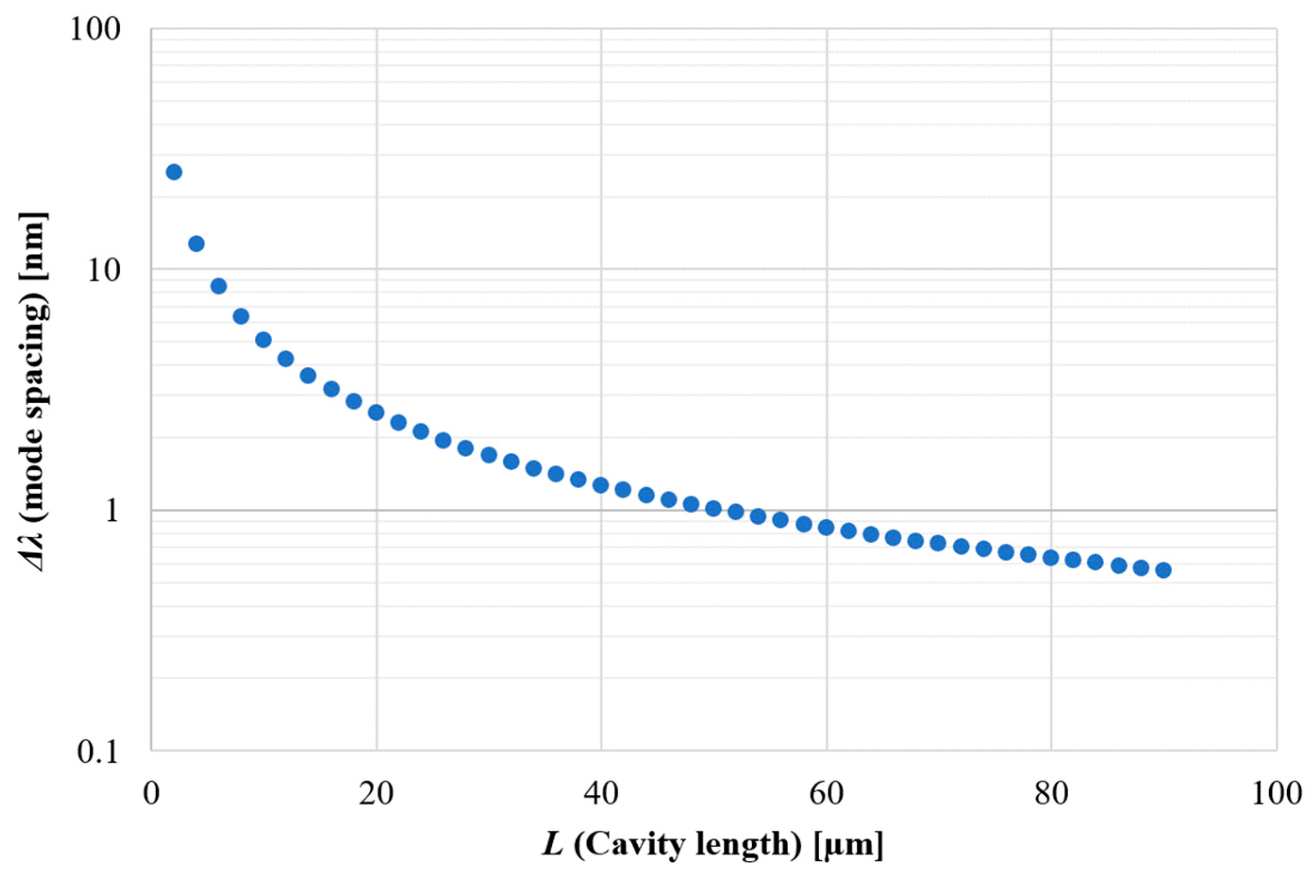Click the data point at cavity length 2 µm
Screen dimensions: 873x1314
click(x=174, y=172)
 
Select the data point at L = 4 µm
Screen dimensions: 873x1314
click(x=196, y=243)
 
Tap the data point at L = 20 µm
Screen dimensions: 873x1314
click(x=376, y=413)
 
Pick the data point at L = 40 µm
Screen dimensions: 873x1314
click(x=601, y=485)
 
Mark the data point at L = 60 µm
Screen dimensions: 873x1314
click(x=826, y=527)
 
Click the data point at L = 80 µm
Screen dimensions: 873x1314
click(x=1051, y=557)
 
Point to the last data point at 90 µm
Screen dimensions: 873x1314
click(x=1163, y=570)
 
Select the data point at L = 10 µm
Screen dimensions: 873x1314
click(x=263, y=340)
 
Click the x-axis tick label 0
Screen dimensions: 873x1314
click(x=151, y=793)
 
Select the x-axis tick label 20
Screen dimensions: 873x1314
click(x=376, y=793)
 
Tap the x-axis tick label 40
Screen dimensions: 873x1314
click(x=601, y=793)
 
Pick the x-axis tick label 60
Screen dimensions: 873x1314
click(x=826, y=793)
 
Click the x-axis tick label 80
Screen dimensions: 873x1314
click(x=1051, y=793)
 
